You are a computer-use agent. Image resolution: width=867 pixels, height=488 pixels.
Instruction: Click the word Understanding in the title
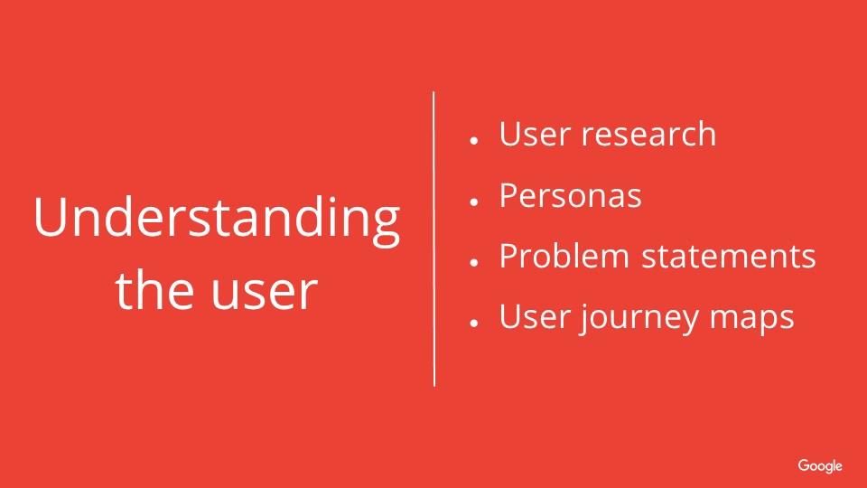(x=217, y=221)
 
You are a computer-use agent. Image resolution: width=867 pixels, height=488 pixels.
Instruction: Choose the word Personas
(x=570, y=195)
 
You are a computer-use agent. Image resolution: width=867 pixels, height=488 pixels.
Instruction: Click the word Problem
(x=564, y=256)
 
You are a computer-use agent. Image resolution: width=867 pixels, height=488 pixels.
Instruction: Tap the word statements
(x=728, y=257)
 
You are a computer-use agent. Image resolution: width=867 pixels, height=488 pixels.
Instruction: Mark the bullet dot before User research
(x=473, y=141)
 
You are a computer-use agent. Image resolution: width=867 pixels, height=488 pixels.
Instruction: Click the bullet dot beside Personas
(x=473, y=202)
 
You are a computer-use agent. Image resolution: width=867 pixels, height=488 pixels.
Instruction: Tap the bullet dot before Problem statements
(x=473, y=262)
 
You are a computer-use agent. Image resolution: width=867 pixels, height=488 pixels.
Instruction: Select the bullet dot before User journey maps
(x=473, y=324)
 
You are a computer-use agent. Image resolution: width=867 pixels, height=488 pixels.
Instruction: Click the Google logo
(x=820, y=466)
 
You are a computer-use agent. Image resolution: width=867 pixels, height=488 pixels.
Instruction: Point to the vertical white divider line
(x=434, y=239)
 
